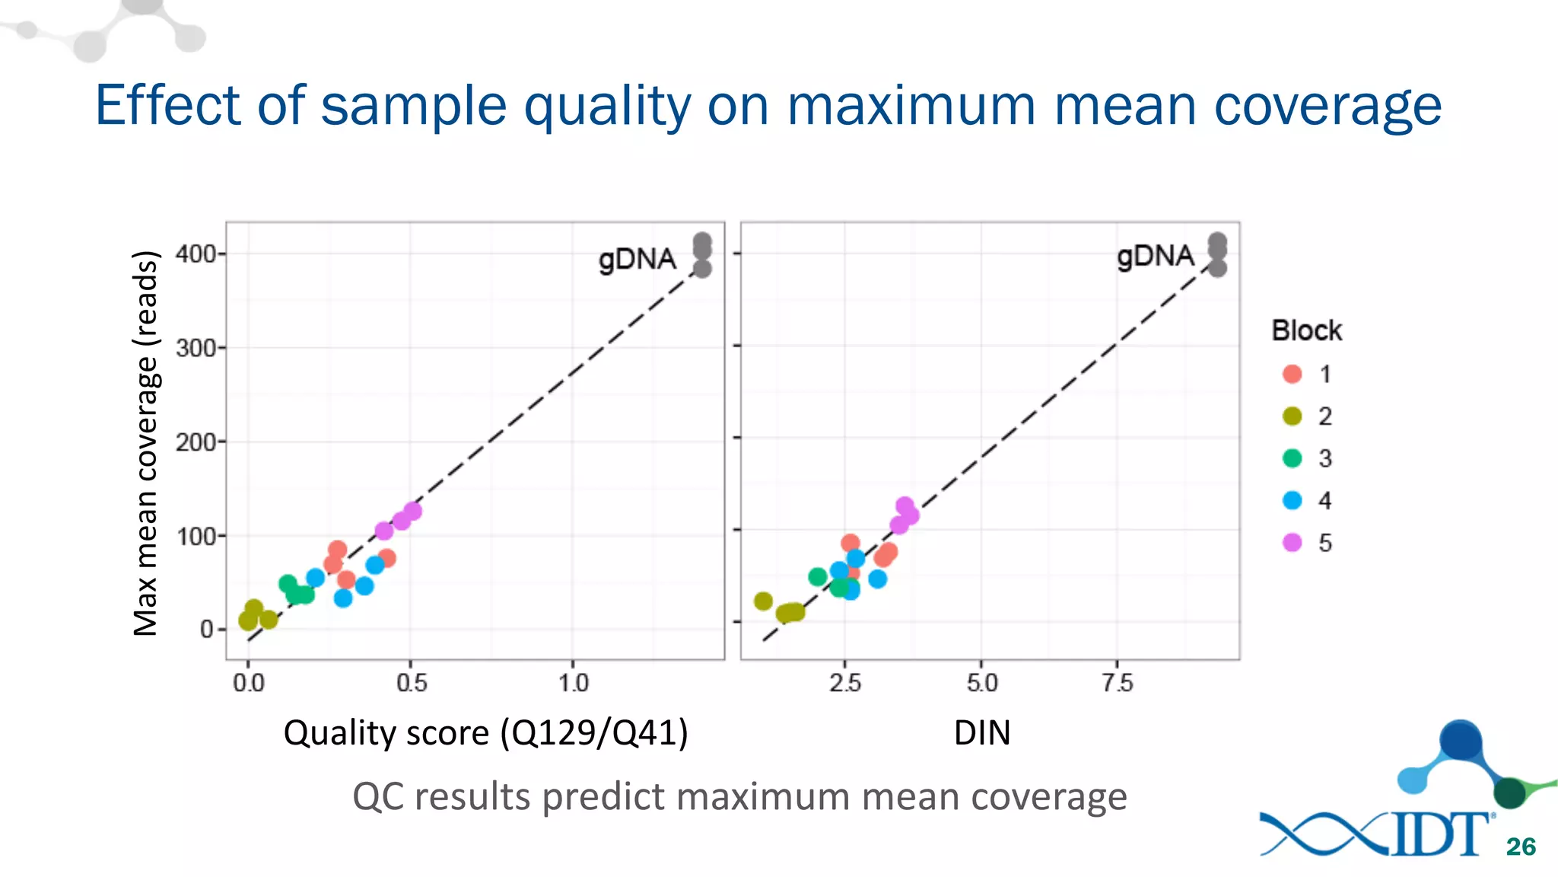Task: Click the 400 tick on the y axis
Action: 196,254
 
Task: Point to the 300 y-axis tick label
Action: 196,349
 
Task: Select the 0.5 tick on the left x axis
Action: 412,683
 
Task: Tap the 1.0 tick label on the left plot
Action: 574,683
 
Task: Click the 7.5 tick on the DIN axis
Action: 1118,683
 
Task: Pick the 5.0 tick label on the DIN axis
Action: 982,683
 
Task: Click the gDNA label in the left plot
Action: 637,260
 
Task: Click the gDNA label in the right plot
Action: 1155,257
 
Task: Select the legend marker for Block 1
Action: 1292,374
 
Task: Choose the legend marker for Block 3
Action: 1292,458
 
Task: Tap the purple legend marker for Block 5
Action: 1292,543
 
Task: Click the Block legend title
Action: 1306,331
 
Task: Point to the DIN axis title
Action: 982,733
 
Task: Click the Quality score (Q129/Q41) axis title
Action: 485,733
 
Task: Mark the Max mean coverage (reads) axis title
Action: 145,443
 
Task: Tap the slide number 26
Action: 1521,847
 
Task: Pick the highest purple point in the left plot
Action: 412,511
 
